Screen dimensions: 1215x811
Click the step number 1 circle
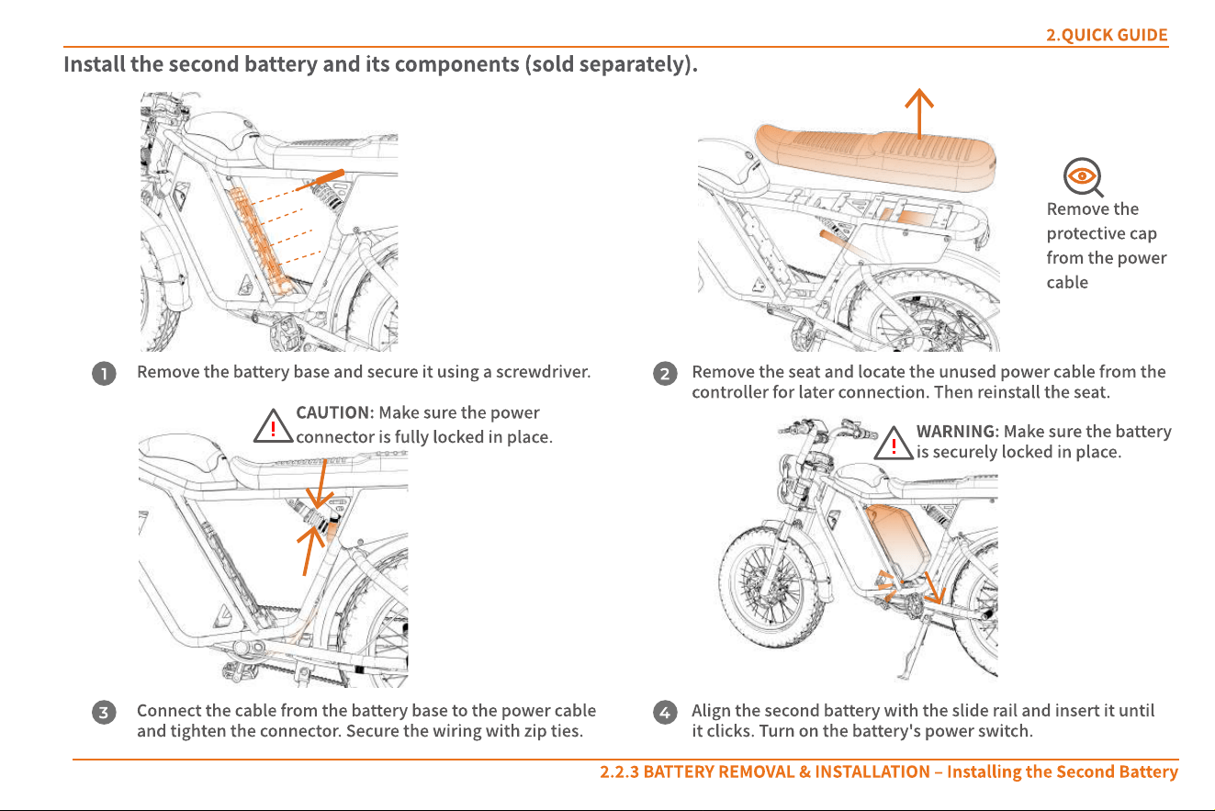coord(104,373)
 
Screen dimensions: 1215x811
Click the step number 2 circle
coord(665,373)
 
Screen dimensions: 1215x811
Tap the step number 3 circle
coord(104,713)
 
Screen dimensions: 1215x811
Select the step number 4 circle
coord(665,713)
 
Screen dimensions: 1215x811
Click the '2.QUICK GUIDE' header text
coord(1107,35)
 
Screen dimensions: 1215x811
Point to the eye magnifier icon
coord(1083,177)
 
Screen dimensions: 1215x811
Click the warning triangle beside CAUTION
coord(273,426)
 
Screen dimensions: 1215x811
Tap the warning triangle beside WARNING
coord(894,444)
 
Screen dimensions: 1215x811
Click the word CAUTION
coord(334,412)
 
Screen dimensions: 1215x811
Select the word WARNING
coord(957,432)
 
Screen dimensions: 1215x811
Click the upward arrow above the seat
coord(919,113)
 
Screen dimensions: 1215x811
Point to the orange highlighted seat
coord(875,157)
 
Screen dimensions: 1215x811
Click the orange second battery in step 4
coord(897,541)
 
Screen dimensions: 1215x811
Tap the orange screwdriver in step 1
coord(321,181)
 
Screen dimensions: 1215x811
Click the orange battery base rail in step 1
coord(260,242)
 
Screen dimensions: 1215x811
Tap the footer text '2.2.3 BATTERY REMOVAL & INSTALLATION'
coord(765,772)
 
